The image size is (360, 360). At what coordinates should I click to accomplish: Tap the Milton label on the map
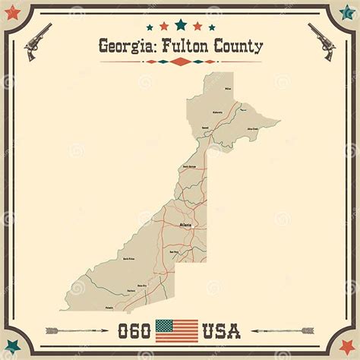pyautogui.click(x=227, y=89)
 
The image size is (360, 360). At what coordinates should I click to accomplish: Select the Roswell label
pyautogui.click(x=205, y=127)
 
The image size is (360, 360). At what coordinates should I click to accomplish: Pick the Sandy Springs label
pyautogui.click(x=189, y=166)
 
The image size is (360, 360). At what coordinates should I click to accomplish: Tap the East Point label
pyautogui.click(x=174, y=251)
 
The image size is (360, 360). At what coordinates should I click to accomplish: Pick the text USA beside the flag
pyautogui.click(x=221, y=331)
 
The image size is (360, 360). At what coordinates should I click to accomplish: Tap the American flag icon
pyautogui.click(x=176, y=330)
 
